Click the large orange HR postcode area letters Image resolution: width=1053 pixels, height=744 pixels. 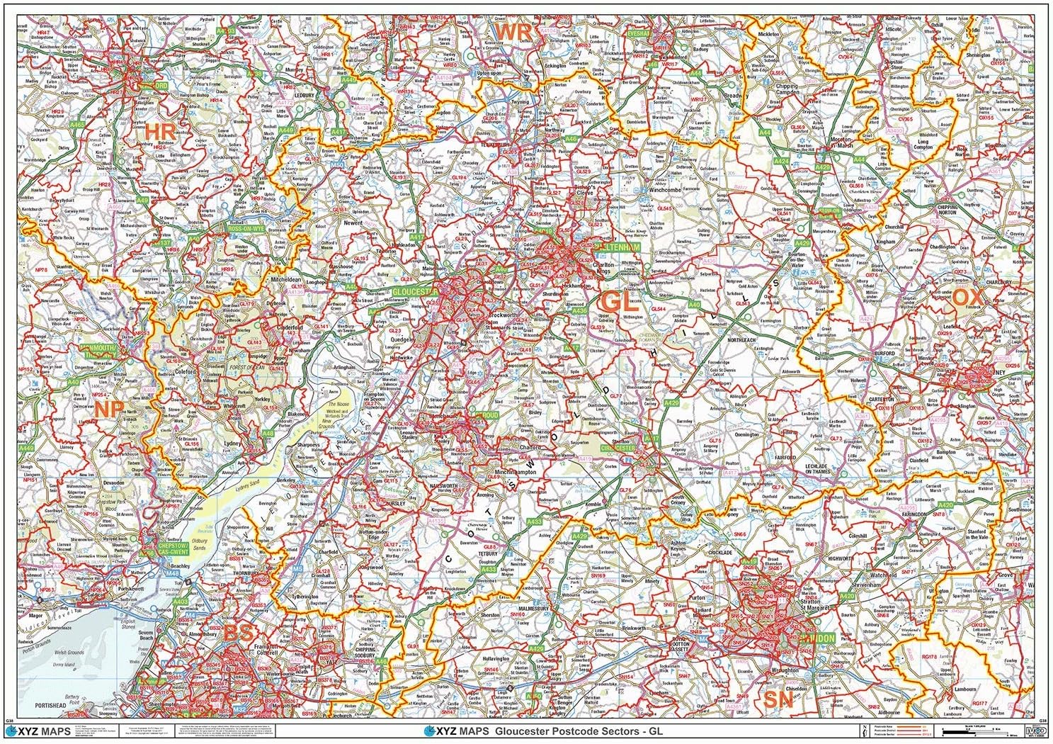coord(159,131)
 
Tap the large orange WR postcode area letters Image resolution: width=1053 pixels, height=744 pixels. coord(513,32)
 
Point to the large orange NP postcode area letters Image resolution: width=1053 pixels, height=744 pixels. coord(108,409)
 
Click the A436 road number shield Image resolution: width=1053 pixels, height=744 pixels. coord(580,310)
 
